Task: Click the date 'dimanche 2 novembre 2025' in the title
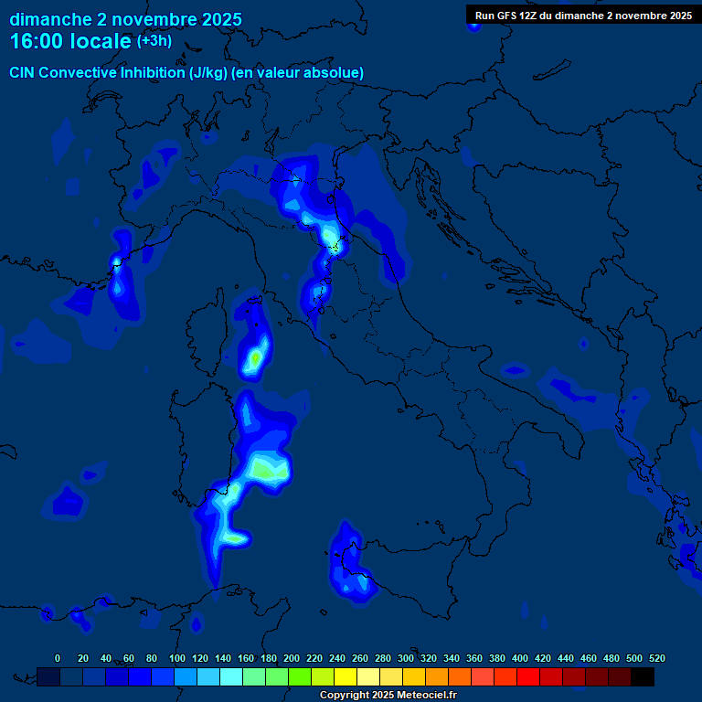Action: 125,19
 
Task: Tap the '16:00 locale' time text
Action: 70,41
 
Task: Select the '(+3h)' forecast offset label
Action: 154,41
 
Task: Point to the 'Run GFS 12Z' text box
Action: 583,16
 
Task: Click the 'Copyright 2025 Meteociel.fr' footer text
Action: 388,696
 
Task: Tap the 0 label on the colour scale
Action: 58,658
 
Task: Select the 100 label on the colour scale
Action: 177,658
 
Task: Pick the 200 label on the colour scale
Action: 292,658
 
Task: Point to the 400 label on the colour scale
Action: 520,658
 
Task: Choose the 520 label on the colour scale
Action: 656,658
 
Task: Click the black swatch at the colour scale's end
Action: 643,676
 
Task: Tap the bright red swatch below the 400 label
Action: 528,676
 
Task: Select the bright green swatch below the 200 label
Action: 300,676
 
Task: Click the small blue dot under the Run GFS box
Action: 473,27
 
